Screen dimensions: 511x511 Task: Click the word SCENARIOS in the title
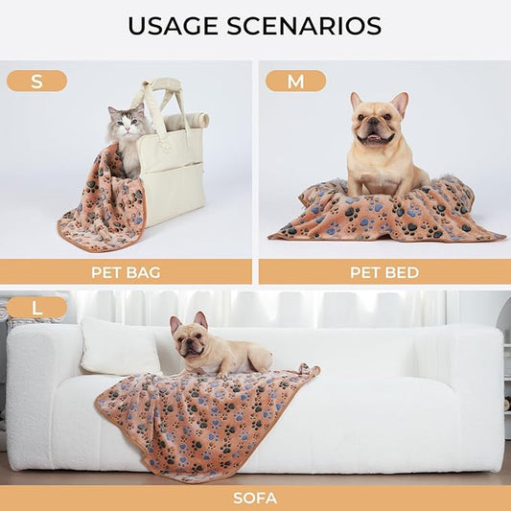[x=311, y=26]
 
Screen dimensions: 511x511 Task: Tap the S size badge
[x=36, y=81]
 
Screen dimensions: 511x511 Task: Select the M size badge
[x=295, y=81]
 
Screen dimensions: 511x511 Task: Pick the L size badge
[x=36, y=308]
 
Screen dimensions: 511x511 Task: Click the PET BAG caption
[x=126, y=272]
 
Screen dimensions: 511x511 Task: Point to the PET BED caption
[x=383, y=272]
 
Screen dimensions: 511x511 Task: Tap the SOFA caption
[x=255, y=498]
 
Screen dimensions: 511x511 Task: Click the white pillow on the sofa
[x=119, y=347]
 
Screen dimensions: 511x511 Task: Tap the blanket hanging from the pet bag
[x=101, y=206]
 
